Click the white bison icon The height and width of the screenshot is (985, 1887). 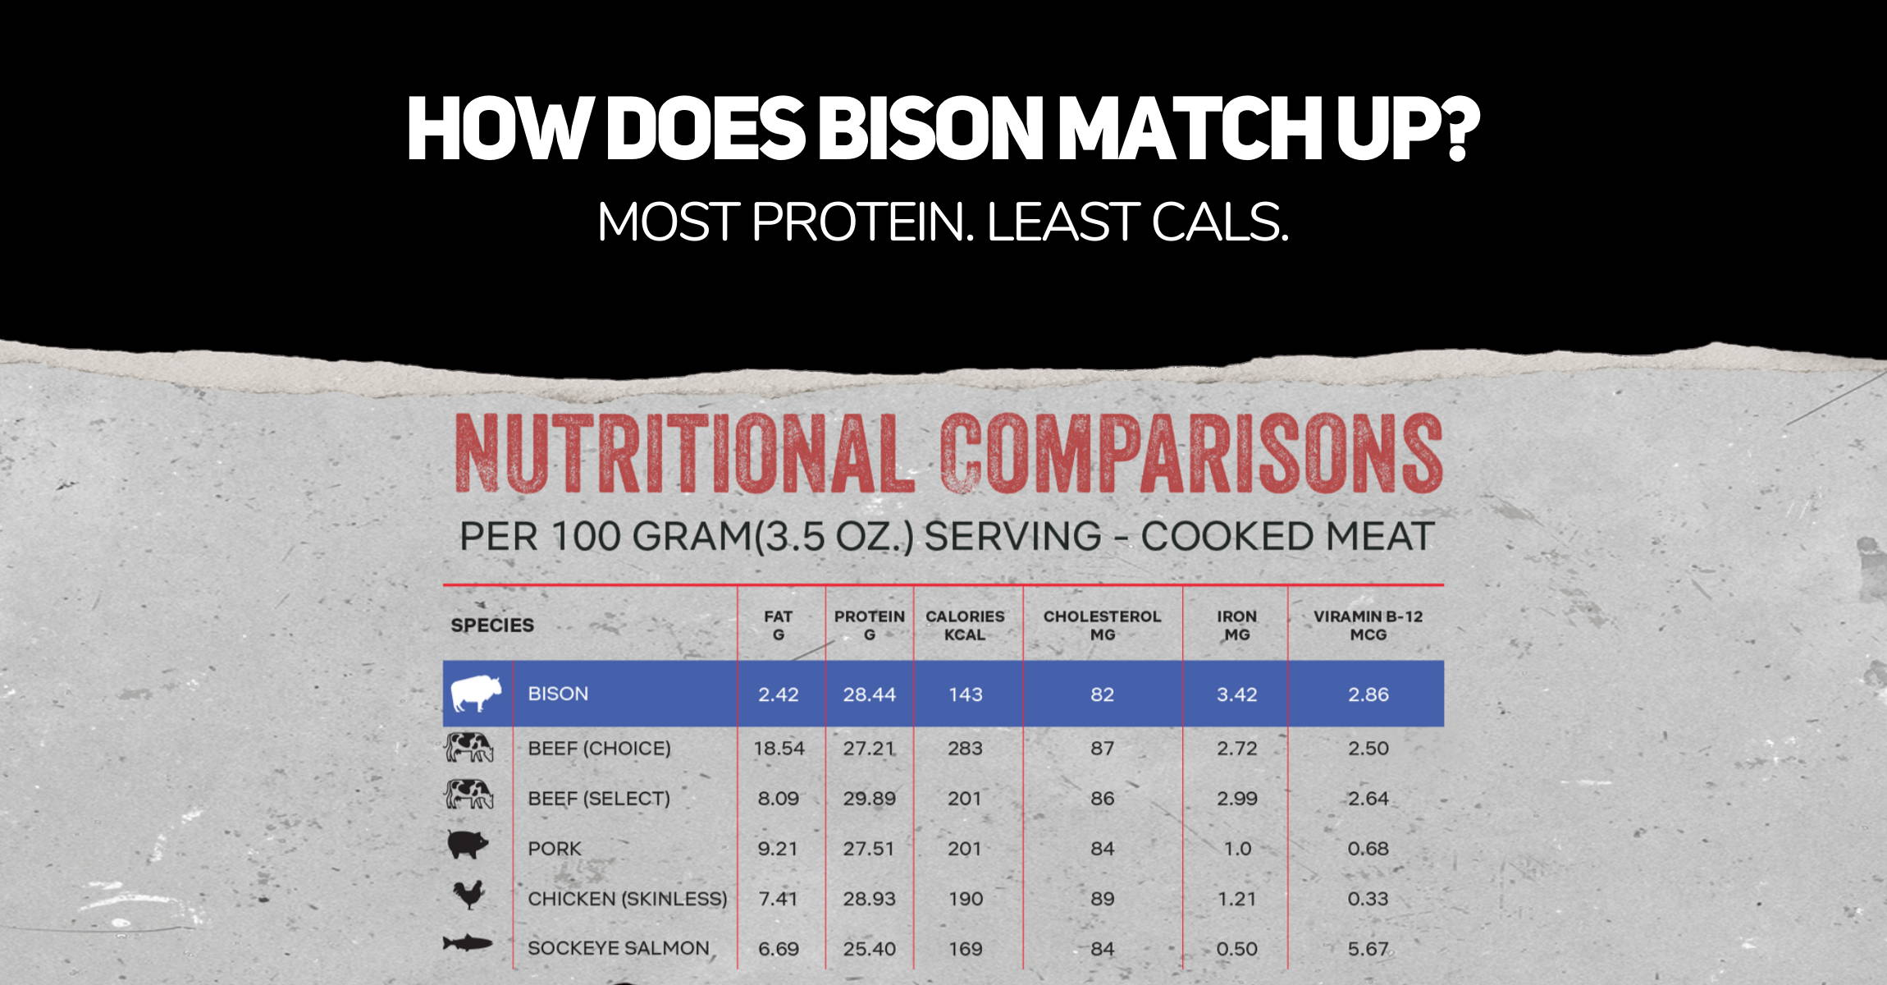pos(475,694)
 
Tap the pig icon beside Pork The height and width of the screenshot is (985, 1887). pos(468,845)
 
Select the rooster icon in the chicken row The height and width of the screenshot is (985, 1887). pos(468,895)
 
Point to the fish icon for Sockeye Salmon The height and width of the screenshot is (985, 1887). pos(468,944)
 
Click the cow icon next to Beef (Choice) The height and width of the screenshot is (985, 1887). pos(468,747)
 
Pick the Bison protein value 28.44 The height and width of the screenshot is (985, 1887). pos(870,694)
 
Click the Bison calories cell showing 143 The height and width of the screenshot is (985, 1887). pos(965,694)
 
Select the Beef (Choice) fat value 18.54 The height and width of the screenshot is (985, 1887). pos(779,749)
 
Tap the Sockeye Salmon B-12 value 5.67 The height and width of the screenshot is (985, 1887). pos(1368,949)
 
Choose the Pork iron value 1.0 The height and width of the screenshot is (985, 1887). pos(1237,849)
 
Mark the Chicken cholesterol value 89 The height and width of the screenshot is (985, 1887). pos(1102,899)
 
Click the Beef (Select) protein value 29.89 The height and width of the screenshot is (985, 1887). pos(870,799)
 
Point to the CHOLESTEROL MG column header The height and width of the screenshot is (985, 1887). pos(1102,625)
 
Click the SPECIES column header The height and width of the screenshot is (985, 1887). pos(492,625)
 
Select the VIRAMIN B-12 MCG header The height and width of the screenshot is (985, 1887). pos(1368,625)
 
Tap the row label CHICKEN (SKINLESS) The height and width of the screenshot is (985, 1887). pos(628,899)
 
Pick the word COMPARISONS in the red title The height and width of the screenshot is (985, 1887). pos(1191,453)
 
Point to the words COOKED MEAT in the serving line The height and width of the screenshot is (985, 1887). pos(1286,536)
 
